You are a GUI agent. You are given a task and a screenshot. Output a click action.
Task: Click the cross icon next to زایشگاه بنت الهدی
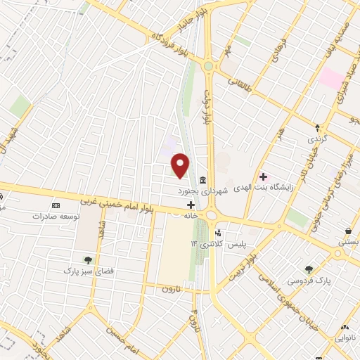(x=264, y=176)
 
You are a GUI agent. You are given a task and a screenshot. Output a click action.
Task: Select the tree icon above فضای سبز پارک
(x=88, y=259)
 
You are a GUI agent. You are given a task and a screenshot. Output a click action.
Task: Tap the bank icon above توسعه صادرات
(x=56, y=205)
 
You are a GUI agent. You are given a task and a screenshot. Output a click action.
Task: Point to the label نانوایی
(x=347, y=340)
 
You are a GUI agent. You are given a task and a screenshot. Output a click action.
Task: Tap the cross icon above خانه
(x=190, y=205)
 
